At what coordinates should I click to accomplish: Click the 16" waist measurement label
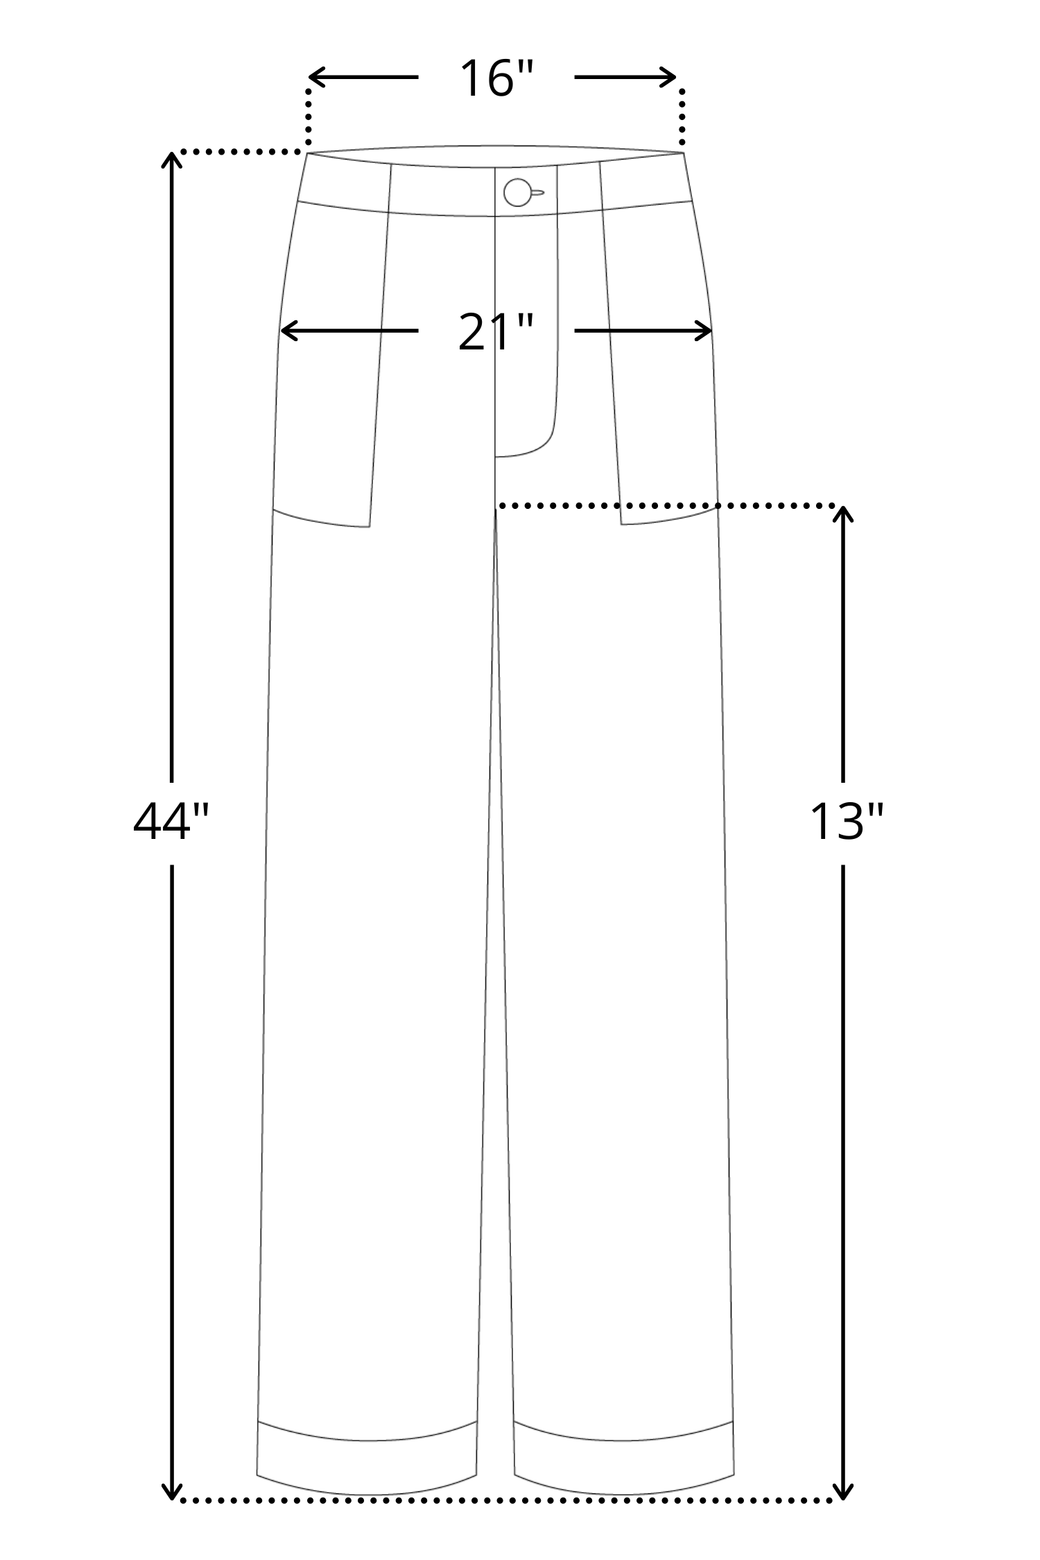click(496, 78)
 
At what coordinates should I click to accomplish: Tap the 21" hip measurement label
click(496, 333)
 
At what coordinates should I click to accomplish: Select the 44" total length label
click(171, 822)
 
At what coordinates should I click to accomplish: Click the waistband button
click(517, 192)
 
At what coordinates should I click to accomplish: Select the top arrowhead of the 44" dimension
click(171, 161)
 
